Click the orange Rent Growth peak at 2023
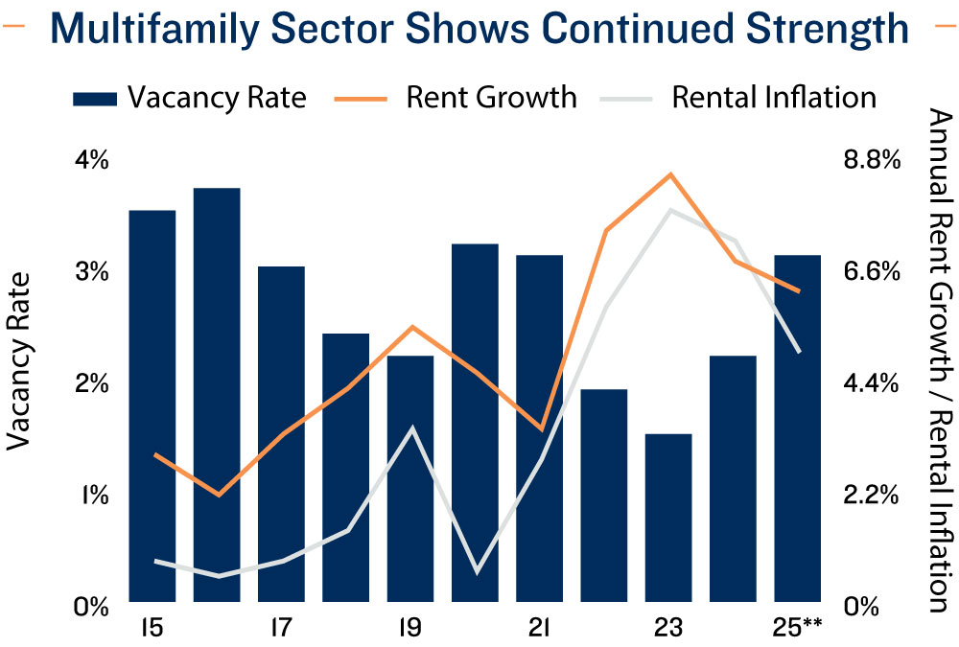pyautogui.click(x=671, y=174)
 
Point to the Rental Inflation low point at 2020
pyautogui.click(x=476, y=572)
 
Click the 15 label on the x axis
pyautogui.click(x=150, y=629)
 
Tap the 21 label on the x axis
pyautogui.click(x=539, y=629)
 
